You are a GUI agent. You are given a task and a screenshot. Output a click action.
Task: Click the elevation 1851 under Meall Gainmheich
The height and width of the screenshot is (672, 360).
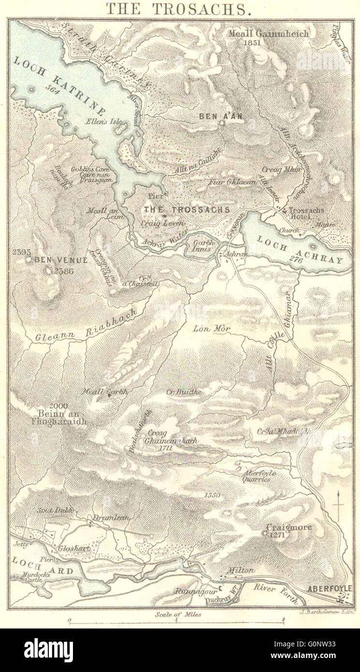pyautogui.click(x=252, y=43)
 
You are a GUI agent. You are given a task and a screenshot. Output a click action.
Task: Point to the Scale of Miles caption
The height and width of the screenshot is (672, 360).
pyautogui.click(x=178, y=614)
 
